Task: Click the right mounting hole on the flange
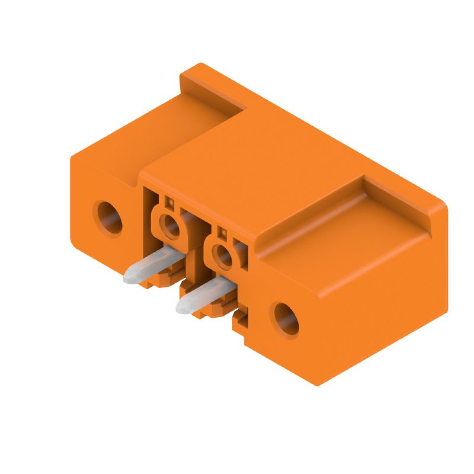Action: (284, 319)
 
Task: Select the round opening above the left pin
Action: (170, 225)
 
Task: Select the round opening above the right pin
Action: (223, 256)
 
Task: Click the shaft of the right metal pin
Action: (204, 294)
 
